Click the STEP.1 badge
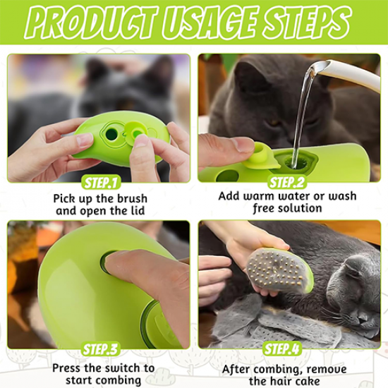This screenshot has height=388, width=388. click(100, 183)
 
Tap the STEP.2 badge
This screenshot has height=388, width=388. click(287, 183)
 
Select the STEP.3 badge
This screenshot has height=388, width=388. click(100, 349)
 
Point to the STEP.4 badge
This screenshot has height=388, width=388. click(282, 349)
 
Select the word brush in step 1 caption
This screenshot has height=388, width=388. click(131, 199)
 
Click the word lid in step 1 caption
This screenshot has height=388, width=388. click(138, 211)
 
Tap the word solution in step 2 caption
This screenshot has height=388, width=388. click(300, 208)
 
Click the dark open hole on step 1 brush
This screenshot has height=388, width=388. click(111, 134)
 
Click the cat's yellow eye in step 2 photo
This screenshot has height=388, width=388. click(274, 122)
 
